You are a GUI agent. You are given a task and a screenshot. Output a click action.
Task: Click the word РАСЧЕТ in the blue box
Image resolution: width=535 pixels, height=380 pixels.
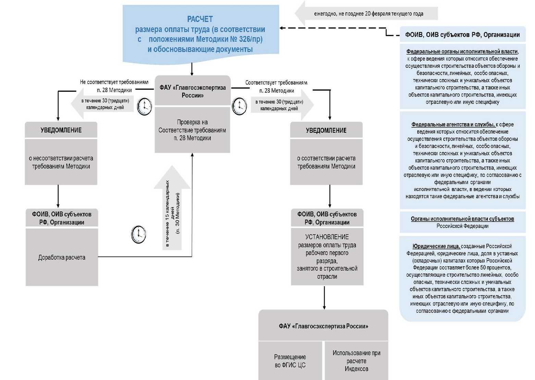click(x=200, y=19)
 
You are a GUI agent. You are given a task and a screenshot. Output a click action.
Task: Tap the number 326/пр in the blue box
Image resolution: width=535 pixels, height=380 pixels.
click(x=250, y=39)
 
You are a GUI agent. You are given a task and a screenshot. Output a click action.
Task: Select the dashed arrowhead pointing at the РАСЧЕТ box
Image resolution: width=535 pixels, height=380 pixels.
click(x=282, y=28)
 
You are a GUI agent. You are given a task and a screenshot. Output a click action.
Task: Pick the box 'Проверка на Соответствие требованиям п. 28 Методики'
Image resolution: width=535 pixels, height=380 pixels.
click(x=192, y=130)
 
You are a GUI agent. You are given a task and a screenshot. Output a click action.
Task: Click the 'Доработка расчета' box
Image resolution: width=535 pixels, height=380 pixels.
click(x=62, y=257)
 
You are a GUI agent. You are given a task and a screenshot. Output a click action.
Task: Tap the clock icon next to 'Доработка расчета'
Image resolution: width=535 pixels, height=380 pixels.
click(x=139, y=234)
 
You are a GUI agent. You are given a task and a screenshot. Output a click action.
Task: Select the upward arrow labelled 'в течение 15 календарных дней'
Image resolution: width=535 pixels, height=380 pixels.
click(x=172, y=209)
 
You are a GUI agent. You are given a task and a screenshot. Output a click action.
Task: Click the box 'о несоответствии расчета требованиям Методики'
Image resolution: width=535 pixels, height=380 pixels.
click(x=61, y=162)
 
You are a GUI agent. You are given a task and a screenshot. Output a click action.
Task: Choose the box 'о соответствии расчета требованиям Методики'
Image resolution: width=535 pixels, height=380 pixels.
click(x=326, y=162)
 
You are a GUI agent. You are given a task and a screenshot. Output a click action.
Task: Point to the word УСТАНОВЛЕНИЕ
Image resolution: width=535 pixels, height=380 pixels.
click(x=327, y=237)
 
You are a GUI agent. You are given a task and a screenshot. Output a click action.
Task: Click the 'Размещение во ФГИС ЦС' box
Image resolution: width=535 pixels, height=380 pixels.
click(x=290, y=361)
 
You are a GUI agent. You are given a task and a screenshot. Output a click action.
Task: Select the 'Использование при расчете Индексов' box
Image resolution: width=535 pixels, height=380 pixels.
click(x=356, y=361)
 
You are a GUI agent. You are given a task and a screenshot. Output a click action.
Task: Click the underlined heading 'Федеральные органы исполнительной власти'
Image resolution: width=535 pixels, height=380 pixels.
click(x=462, y=51)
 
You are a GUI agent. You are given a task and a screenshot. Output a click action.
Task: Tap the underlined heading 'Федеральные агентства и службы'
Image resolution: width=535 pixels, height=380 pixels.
click(x=453, y=125)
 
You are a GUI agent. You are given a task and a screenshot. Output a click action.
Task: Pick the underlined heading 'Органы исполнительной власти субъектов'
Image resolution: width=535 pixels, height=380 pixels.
click(x=462, y=219)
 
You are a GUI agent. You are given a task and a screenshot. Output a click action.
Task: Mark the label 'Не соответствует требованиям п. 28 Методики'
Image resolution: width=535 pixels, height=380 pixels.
click(x=114, y=86)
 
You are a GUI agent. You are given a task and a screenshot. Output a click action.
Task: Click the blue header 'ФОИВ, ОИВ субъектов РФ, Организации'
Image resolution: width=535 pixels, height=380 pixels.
click(x=462, y=35)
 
